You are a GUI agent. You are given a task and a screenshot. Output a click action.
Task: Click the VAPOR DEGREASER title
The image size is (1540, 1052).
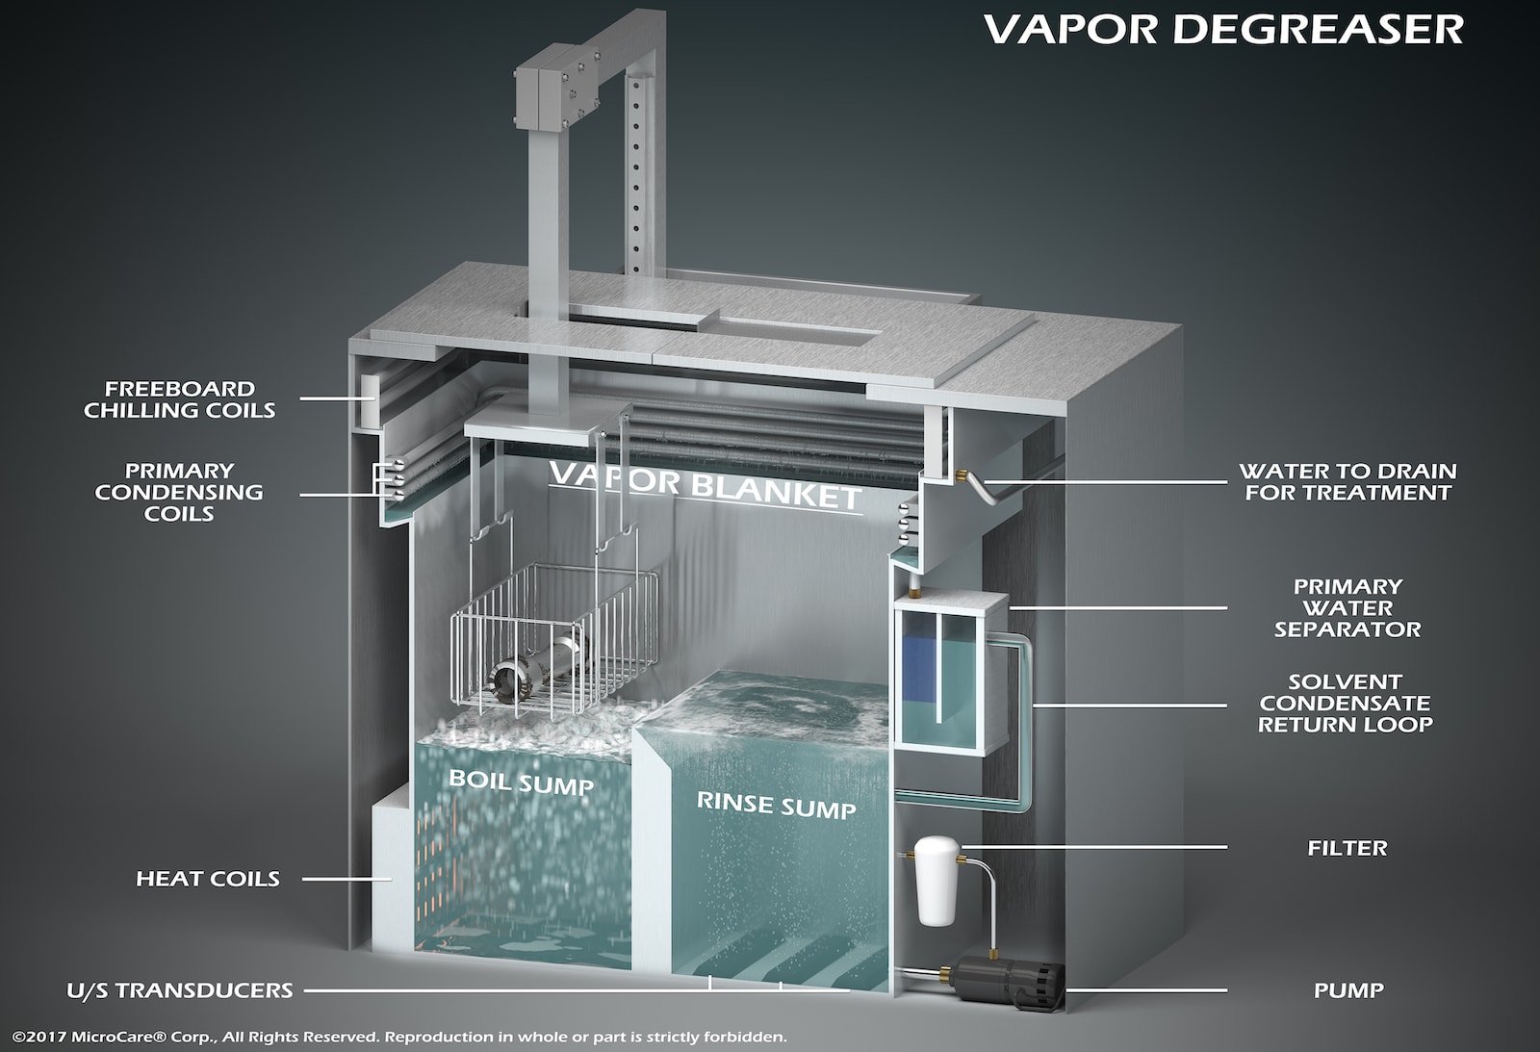click(1223, 29)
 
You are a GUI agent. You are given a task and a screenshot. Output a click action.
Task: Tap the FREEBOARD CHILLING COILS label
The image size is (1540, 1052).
click(180, 399)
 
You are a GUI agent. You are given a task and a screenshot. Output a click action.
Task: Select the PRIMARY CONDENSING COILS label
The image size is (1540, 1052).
click(179, 492)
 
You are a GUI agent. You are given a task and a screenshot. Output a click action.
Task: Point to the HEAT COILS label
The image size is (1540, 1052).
click(208, 879)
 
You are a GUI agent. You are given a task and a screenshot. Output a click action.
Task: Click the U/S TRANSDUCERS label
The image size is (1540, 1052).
click(180, 990)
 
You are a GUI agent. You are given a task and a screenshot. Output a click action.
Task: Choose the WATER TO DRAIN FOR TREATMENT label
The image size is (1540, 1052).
click(1347, 482)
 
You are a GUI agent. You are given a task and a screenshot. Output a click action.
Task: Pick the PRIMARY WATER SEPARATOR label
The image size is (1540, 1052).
click(1347, 608)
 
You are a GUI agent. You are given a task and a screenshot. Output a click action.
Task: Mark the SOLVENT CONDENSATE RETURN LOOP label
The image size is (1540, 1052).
click(1346, 704)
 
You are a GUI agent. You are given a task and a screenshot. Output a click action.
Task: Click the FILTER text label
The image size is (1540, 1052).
click(1347, 848)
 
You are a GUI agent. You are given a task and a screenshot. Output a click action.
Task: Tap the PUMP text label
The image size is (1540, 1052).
click(1348, 990)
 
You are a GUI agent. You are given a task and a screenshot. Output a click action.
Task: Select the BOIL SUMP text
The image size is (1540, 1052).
click(521, 782)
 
